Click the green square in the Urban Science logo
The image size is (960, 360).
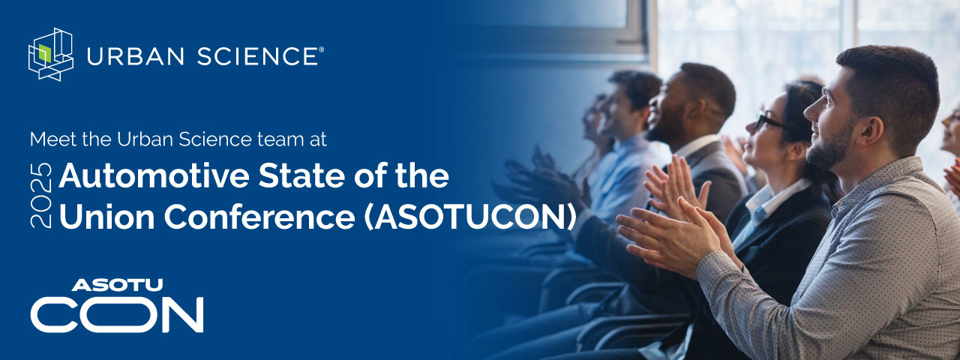pyautogui.click(x=45, y=52)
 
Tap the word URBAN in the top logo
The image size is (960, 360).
pyautogui.click(x=136, y=56)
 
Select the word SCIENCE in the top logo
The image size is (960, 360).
pyautogui.click(x=257, y=56)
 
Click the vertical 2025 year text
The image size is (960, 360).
pyautogui.click(x=41, y=195)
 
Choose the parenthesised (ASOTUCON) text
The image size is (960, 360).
pyautogui.click(x=469, y=217)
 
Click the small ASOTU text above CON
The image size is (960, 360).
pyautogui.click(x=118, y=285)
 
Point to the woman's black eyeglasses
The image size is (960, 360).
pyautogui.click(x=769, y=121)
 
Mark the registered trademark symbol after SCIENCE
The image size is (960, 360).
pyautogui.click(x=322, y=49)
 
